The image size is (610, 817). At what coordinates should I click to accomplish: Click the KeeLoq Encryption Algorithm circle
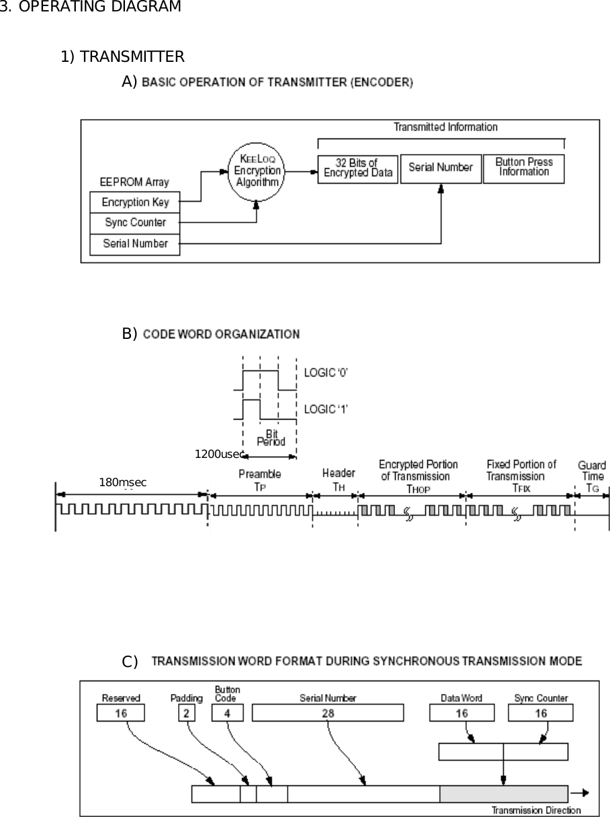(x=257, y=171)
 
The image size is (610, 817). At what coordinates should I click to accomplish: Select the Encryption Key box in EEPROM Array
(x=135, y=202)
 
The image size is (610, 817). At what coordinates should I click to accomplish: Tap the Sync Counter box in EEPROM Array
(x=135, y=223)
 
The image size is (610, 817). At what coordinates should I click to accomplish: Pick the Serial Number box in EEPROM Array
(x=135, y=243)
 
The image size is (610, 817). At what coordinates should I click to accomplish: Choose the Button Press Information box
(x=523, y=168)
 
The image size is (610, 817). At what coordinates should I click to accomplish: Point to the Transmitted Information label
(x=445, y=127)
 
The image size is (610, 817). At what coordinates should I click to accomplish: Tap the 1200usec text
(x=217, y=454)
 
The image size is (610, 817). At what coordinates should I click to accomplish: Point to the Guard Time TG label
(x=591, y=475)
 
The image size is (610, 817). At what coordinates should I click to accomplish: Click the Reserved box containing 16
(x=120, y=713)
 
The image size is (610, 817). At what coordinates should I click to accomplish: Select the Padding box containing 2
(x=186, y=713)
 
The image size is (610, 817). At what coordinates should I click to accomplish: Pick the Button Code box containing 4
(x=227, y=713)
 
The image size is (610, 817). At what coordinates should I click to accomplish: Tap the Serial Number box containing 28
(x=328, y=713)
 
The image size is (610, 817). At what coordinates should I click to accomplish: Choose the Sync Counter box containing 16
(x=541, y=713)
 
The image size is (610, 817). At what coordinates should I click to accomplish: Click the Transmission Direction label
(x=536, y=810)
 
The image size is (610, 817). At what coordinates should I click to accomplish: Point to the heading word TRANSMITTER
(x=132, y=56)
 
